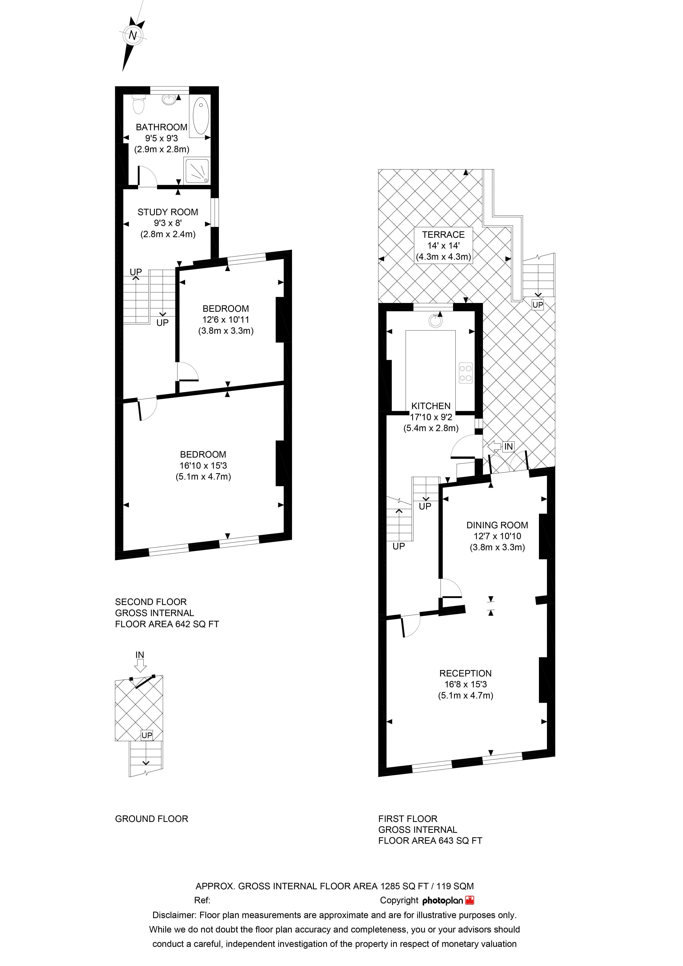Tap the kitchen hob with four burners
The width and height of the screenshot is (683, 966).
466,373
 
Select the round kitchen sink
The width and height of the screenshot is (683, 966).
436,321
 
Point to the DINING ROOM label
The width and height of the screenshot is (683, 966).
497,525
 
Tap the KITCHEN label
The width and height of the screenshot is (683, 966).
431,406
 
